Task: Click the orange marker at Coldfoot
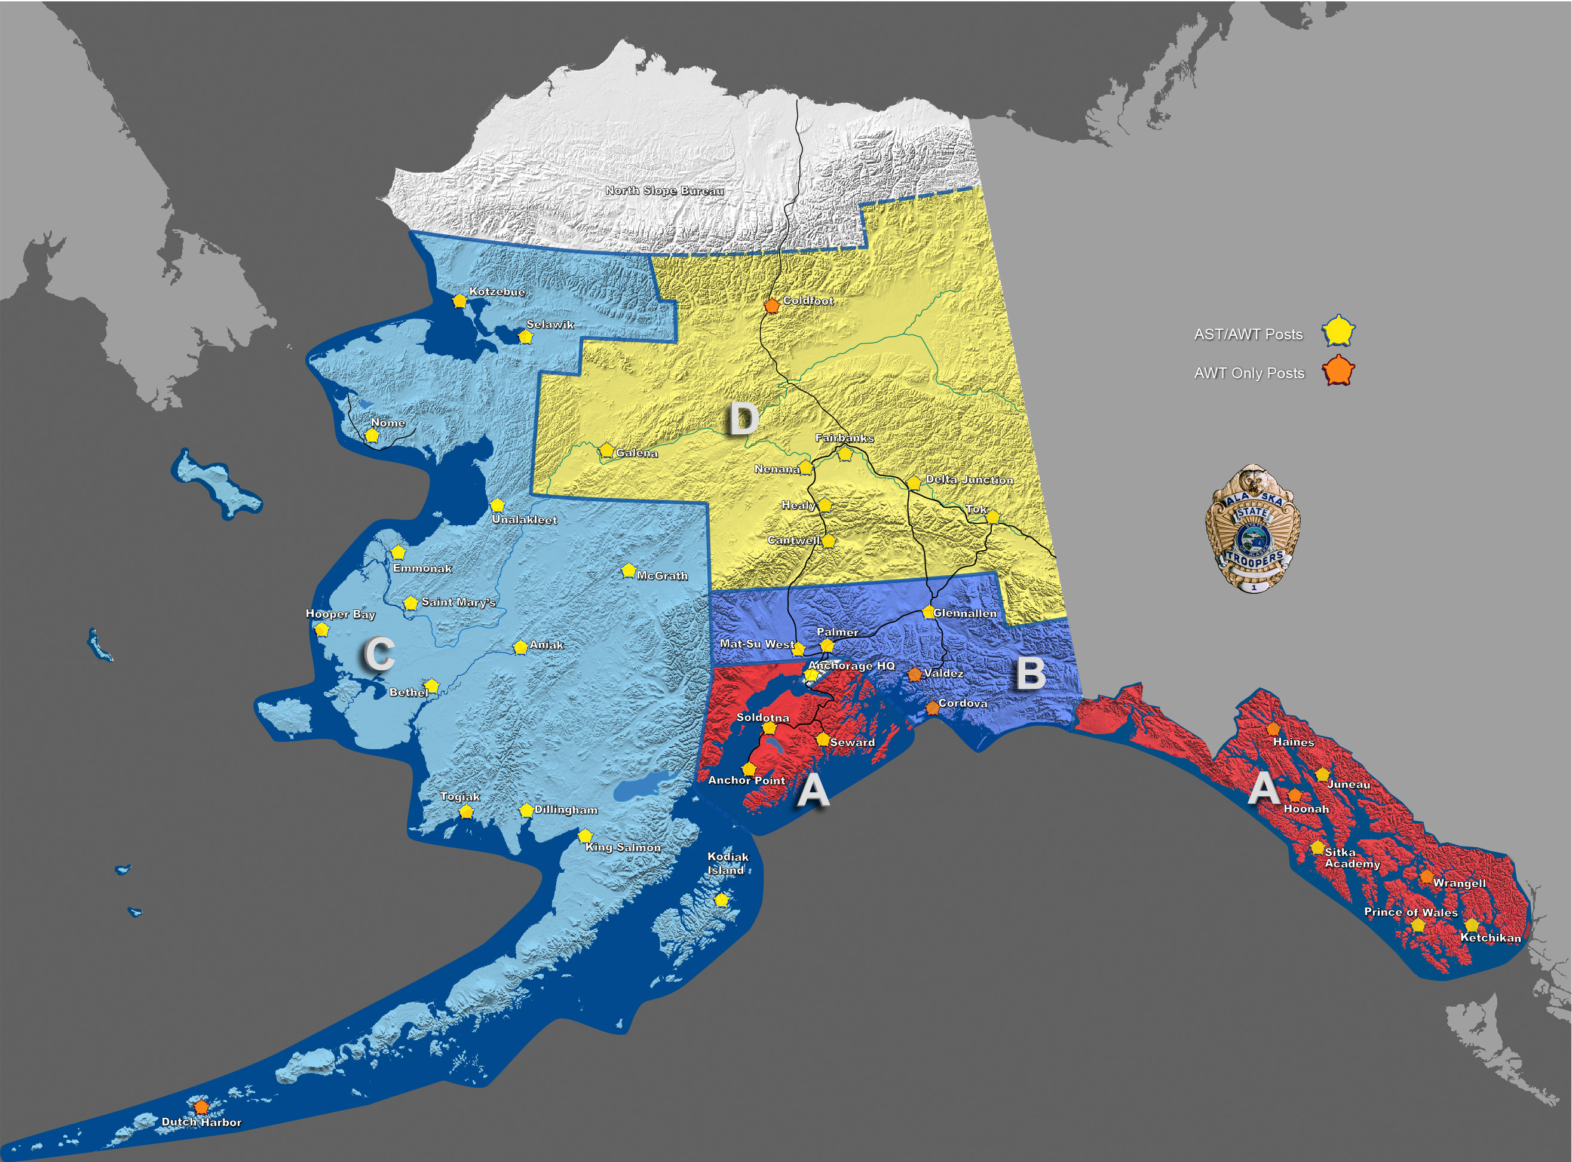[x=771, y=305]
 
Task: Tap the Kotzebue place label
[x=497, y=291]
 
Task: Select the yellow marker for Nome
[x=372, y=436]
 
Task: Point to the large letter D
[x=743, y=419]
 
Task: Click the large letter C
[x=379, y=654]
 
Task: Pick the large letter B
[x=1031, y=673]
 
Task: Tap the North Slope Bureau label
[x=664, y=190]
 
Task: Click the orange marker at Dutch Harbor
[x=201, y=1106]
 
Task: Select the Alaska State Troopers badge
[x=1253, y=528]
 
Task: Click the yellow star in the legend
[x=1338, y=332]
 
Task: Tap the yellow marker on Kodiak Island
[x=721, y=900]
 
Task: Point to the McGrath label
[x=662, y=575]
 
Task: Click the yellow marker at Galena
[x=606, y=450]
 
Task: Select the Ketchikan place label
[x=1490, y=937]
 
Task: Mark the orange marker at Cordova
[x=932, y=707]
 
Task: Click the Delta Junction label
[x=969, y=479]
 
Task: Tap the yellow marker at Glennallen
[x=929, y=612]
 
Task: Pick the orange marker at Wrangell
[x=1426, y=877]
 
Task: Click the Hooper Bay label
[x=341, y=614]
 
